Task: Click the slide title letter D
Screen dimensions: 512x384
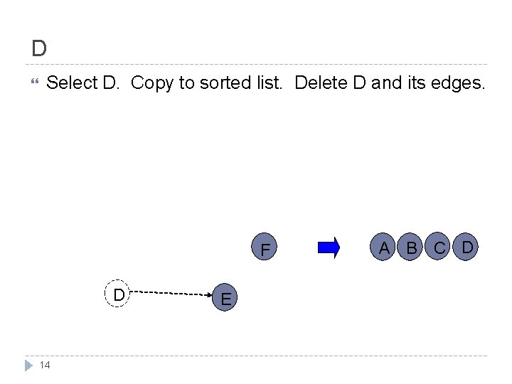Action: pos(39,48)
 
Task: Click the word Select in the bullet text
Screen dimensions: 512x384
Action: pos(71,83)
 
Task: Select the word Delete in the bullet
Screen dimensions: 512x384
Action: pos(321,83)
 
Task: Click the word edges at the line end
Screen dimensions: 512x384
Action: pos(458,83)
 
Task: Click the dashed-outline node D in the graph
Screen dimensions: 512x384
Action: pos(119,294)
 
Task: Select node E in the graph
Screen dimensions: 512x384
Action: pos(225,299)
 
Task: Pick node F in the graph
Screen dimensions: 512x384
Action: pos(265,250)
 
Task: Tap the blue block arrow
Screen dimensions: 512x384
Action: pos(329,247)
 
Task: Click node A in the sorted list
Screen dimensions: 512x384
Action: pos(384,247)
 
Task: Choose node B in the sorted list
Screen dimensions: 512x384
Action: pos(411,248)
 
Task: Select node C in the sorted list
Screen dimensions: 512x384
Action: pos(439,248)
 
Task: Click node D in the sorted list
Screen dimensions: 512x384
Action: pos(467,247)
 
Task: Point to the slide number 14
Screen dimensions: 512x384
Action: pos(45,365)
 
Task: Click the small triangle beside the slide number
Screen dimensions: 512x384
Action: pos(28,365)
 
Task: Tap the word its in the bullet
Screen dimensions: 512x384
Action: pos(415,83)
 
